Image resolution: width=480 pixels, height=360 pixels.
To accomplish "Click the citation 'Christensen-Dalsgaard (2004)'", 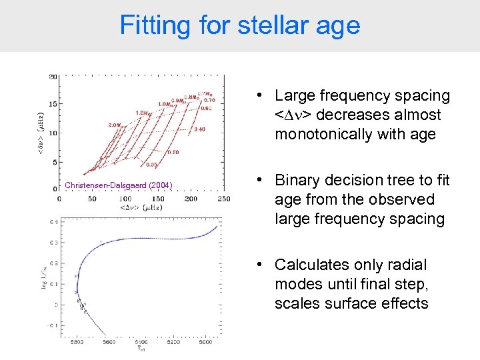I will [119, 185].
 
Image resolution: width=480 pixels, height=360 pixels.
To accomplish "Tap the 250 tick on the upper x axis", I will [223, 199].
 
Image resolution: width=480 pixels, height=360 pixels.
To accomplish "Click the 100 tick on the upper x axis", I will [124, 199].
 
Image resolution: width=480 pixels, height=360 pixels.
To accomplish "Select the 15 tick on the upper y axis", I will [52, 103].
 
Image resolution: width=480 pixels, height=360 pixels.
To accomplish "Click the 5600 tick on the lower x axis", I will [109, 343].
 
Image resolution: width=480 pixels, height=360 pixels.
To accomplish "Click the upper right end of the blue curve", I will [217, 225].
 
